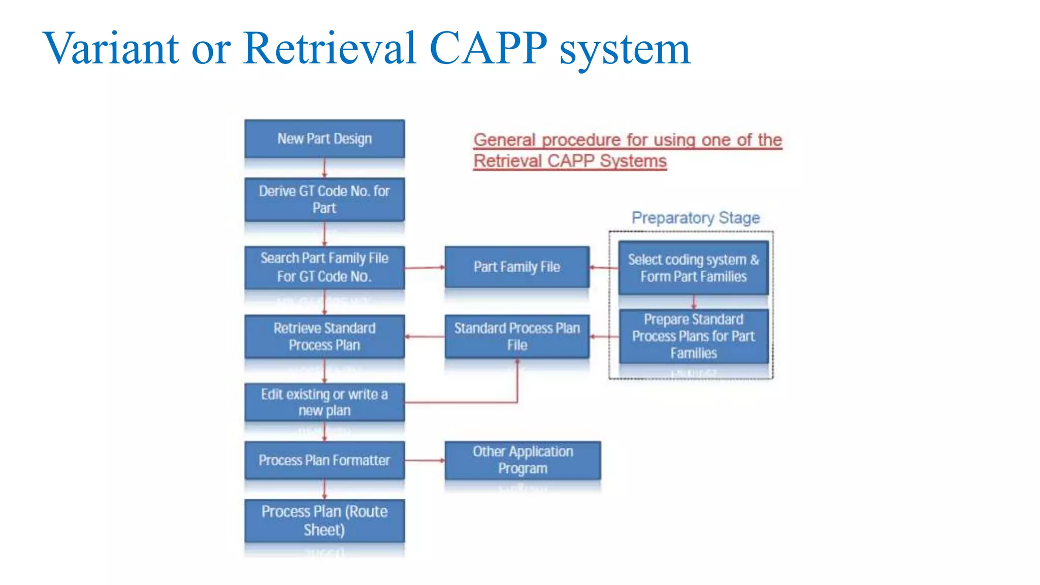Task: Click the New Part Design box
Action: (324, 139)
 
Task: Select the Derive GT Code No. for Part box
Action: (324, 199)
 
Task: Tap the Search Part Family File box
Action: (324, 267)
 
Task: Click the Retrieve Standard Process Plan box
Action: (324, 336)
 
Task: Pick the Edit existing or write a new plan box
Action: (324, 402)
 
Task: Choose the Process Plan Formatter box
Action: (324, 460)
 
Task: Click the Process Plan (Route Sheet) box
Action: (324, 521)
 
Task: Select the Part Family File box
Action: (517, 267)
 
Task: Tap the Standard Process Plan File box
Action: (517, 336)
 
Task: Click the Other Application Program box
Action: (523, 460)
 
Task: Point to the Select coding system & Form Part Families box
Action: (693, 268)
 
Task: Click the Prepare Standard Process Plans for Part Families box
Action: (693, 336)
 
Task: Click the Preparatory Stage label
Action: (695, 218)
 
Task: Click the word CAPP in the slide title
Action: (488, 48)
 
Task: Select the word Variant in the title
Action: (111, 48)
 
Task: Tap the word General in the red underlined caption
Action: (504, 140)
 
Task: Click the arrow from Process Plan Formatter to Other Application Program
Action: (425, 461)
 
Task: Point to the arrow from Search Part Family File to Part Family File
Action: (425, 267)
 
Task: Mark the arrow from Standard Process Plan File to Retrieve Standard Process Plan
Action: (425, 336)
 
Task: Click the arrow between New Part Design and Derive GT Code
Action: (324, 168)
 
